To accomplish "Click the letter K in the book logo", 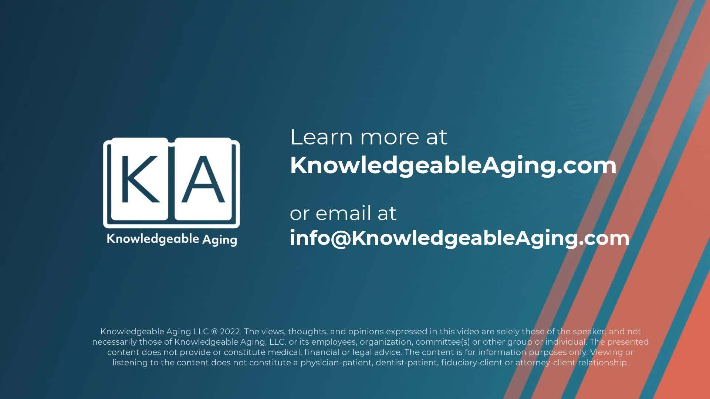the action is tap(141, 179).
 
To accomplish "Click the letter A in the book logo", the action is tap(203, 179).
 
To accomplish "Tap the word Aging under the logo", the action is tap(220, 240).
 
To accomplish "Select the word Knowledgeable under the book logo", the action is tap(153, 239).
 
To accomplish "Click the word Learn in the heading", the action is tap(322, 137).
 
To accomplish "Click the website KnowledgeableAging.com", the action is tap(453, 166).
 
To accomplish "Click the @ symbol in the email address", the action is tap(340, 239).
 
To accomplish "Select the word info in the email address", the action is tap(310, 238).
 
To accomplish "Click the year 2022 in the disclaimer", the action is tap(230, 331).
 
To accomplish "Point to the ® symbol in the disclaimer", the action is tap(214, 331).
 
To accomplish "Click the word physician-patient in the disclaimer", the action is tap(336, 363).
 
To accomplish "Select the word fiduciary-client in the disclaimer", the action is tap(472, 363).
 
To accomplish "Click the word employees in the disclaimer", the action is tap(334, 342).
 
